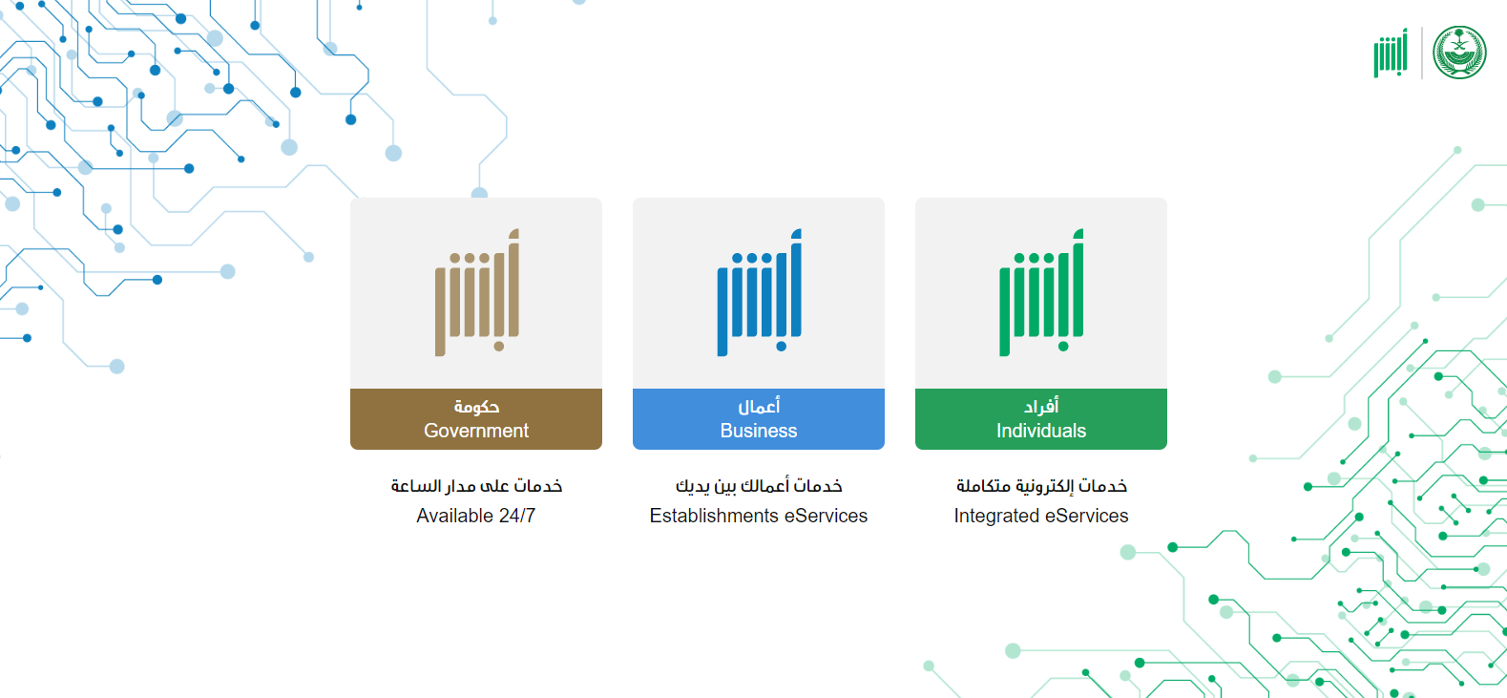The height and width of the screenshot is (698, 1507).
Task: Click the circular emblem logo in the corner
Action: click(x=1459, y=53)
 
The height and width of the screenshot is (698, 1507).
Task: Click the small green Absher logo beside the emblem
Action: click(x=1391, y=53)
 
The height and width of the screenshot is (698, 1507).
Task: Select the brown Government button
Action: click(x=476, y=418)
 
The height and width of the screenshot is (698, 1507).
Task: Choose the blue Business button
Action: click(x=758, y=418)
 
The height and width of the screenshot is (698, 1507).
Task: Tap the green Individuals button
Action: click(x=1040, y=418)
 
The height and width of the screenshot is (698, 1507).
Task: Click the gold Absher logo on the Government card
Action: click(x=477, y=292)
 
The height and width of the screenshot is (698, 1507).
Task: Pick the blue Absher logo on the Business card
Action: click(x=760, y=292)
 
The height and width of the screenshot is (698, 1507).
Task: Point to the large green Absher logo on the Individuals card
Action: click(x=1041, y=292)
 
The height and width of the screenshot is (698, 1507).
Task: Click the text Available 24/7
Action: click(x=475, y=516)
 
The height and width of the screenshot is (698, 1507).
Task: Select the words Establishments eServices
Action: click(x=758, y=516)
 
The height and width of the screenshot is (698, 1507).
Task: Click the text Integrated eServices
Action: click(x=1040, y=516)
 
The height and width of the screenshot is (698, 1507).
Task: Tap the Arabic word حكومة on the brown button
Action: click(x=476, y=407)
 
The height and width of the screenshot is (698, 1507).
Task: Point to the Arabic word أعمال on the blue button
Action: click(x=759, y=406)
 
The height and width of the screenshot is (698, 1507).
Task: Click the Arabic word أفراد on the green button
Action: click(x=1040, y=406)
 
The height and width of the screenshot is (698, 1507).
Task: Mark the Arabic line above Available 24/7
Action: click(x=476, y=486)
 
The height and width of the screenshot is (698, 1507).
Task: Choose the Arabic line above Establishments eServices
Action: click(x=758, y=486)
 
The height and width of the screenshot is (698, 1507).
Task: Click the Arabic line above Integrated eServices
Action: click(x=1041, y=486)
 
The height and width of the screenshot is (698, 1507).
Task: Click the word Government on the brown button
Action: click(x=476, y=431)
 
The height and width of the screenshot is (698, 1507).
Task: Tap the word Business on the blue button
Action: click(x=758, y=431)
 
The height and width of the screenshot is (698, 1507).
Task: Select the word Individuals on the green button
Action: click(x=1040, y=431)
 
